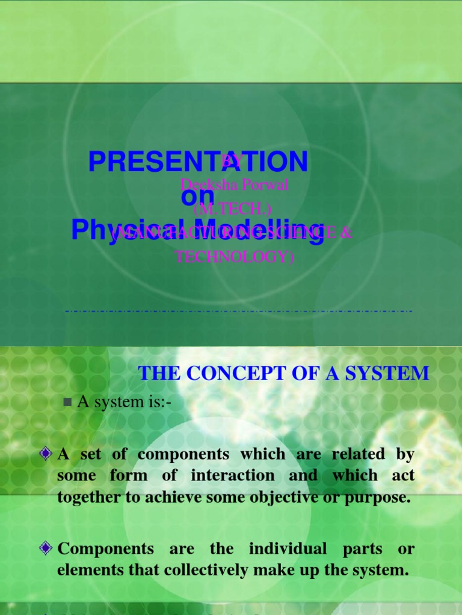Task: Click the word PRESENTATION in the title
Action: [x=198, y=162]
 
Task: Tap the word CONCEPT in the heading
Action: [x=232, y=374]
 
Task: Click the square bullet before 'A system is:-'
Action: [x=67, y=402]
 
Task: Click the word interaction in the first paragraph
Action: [x=233, y=476]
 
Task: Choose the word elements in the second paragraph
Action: [x=84, y=570]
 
